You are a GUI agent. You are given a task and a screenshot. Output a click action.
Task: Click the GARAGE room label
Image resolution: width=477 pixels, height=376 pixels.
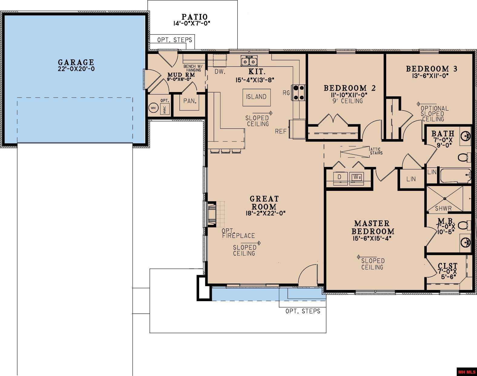76,62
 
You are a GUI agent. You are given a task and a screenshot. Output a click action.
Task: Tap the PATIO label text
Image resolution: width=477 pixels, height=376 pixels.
195,17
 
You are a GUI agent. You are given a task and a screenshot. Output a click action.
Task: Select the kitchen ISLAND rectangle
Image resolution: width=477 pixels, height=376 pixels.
256,97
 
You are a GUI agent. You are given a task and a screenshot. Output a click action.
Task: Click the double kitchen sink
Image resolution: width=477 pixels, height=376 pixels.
249,61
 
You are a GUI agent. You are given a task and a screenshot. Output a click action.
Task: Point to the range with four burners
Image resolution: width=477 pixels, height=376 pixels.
298,92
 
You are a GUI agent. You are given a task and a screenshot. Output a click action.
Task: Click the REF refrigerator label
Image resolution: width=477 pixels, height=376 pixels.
281,131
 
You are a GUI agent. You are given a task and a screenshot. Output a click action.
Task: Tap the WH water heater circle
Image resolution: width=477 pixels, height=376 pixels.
153,108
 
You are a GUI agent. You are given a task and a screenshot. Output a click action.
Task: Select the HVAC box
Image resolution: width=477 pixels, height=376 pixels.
165,109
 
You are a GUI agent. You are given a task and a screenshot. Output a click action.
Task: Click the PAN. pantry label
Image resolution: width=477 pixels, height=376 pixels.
190,101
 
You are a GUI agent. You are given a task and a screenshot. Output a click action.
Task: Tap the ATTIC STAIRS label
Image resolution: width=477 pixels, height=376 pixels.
376,151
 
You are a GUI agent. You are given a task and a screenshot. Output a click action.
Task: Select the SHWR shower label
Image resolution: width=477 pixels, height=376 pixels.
443,208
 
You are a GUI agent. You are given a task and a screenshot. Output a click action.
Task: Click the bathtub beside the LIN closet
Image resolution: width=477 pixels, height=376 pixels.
455,175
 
